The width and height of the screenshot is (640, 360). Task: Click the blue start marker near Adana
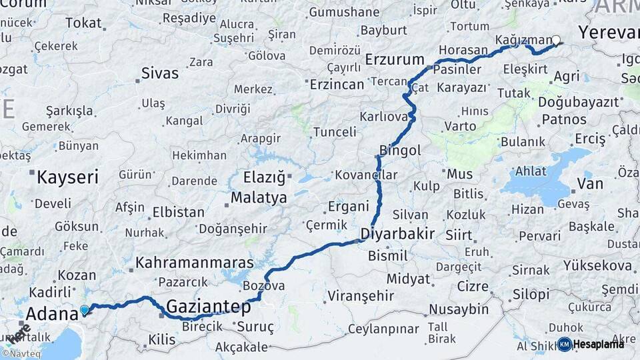pyautogui.click(x=84, y=309)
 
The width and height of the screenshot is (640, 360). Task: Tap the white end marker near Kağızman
pyautogui.click(x=556, y=39)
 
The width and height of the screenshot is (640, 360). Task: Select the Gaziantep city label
pyautogui.click(x=208, y=307)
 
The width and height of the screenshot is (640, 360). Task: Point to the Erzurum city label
pyautogui.click(x=395, y=61)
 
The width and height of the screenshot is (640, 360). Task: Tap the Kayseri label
pyautogui.click(x=67, y=177)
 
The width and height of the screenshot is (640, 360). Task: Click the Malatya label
pyautogui.click(x=259, y=198)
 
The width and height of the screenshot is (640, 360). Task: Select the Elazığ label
pyautogui.click(x=264, y=178)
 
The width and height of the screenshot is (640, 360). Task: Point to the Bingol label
pyautogui.click(x=400, y=151)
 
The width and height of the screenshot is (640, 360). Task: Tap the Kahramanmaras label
pyautogui.click(x=194, y=263)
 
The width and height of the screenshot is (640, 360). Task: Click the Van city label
pyautogui.click(x=589, y=183)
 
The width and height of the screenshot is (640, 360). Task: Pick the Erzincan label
pyautogui.click(x=336, y=85)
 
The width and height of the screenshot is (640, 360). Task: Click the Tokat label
pyautogui.click(x=83, y=23)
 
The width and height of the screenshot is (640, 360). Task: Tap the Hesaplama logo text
pyautogui.click(x=598, y=344)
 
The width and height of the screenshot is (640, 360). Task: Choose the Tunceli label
pyautogui.click(x=335, y=132)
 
